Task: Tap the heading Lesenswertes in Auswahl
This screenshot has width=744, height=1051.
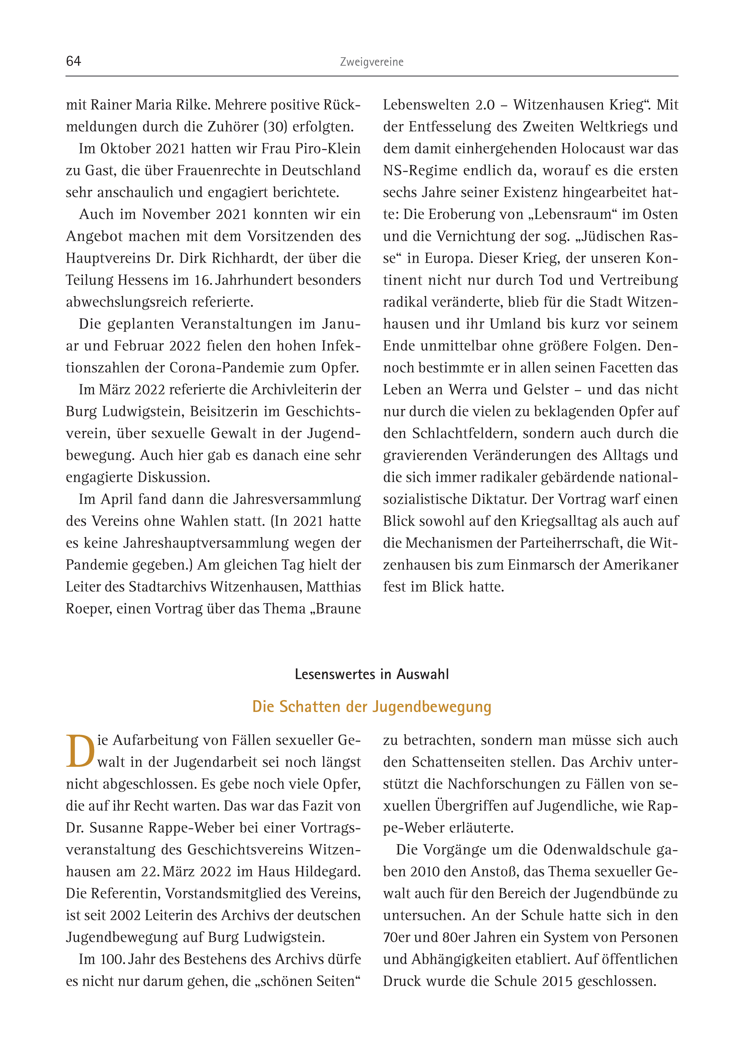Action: tap(372, 674)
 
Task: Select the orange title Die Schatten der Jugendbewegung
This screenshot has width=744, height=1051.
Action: tap(372, 707)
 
